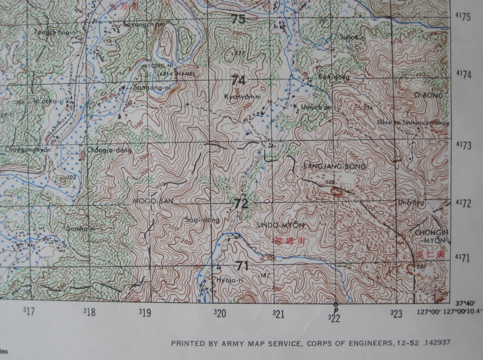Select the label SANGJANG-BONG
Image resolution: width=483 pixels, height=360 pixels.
pos(334,167)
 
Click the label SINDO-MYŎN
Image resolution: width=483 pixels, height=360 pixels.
pos(280,226)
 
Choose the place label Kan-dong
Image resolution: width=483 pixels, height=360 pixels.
pos(334,77)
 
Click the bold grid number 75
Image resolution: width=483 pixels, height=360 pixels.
pos(239,19)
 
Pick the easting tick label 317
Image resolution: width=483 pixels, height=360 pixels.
pos(28,311)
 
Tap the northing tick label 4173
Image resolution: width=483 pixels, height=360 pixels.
pos(463,146)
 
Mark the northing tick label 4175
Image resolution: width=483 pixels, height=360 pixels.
pos(463,17)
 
